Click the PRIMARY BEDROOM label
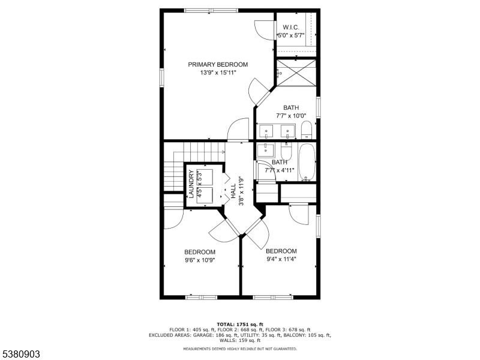[x=218, y=65]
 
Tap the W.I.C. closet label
[x=291, y=28]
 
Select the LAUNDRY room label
[x=191, y=184]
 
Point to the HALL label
[x=233, y=191]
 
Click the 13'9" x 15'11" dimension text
[x=218, y=73]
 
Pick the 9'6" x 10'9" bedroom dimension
[x=200, y=260]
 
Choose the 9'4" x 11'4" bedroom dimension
[x=281, y=259]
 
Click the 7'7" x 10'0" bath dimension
[x=291, y=116]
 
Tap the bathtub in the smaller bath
[x=307, y=161]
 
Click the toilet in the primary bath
[x=306, y=130]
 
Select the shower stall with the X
[x=296, y=73]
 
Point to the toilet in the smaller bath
[x=287, y=151]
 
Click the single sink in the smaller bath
[x=266, y=149]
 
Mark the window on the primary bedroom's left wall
[x=161, y=78]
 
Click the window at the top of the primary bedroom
[x=211, y=10]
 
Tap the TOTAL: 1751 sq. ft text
[x=240, y=324]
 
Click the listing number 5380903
[x=20, y=354]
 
